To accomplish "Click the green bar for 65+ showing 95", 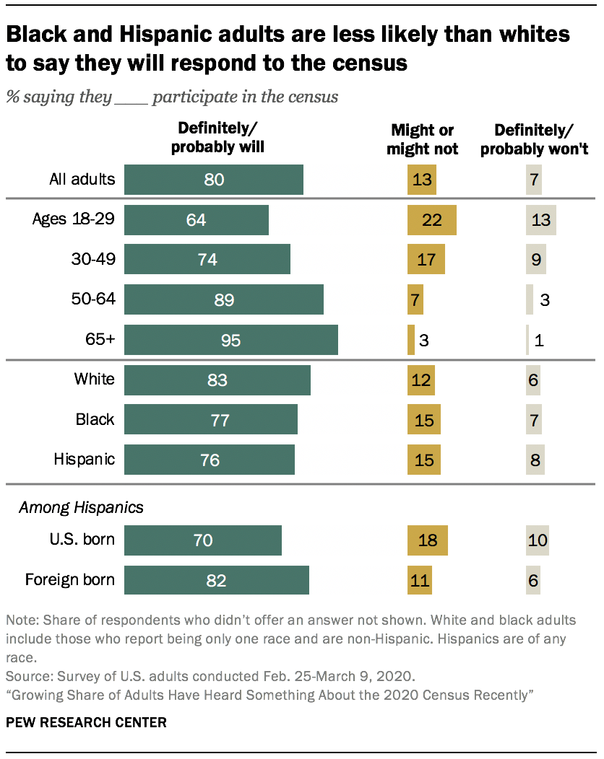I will pyautogui.click(x=230, y=340).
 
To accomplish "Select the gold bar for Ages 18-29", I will pyautogui.click(x=432, y=220).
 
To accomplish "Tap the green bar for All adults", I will pyautogui.click(x=213, y=180).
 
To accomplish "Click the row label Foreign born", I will pyautogui.click(x=70, y=579).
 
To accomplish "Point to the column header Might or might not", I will pyautogui.click(x=422, y=139).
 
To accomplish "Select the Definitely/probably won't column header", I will pyautogui.click(x=534, y=139).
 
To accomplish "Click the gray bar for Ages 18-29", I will pyautogui.click(x=540, y=220).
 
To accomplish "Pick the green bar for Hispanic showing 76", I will pyautogui.click(x=209, y=460).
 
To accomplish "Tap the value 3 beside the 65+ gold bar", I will pyautogui.click(x=425, y=341).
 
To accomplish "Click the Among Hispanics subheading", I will pyautogui.click(x=81, y=507).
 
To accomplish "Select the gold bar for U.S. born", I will pyautogui.click(x=428, y=540).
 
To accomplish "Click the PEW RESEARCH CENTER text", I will pyautogui.click(x=86, y=721).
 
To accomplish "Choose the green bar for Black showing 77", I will pyautogui.click(x=210, y=420).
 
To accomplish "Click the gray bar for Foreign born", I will pyautogui.click(x=533, y=580).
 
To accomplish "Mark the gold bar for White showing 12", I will pyautogui.click(x=421, y=380).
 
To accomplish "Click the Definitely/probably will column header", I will pyautogui.click(x=217, y=138).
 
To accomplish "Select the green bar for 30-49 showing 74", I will pyautogui.click(x=207, y=260).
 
